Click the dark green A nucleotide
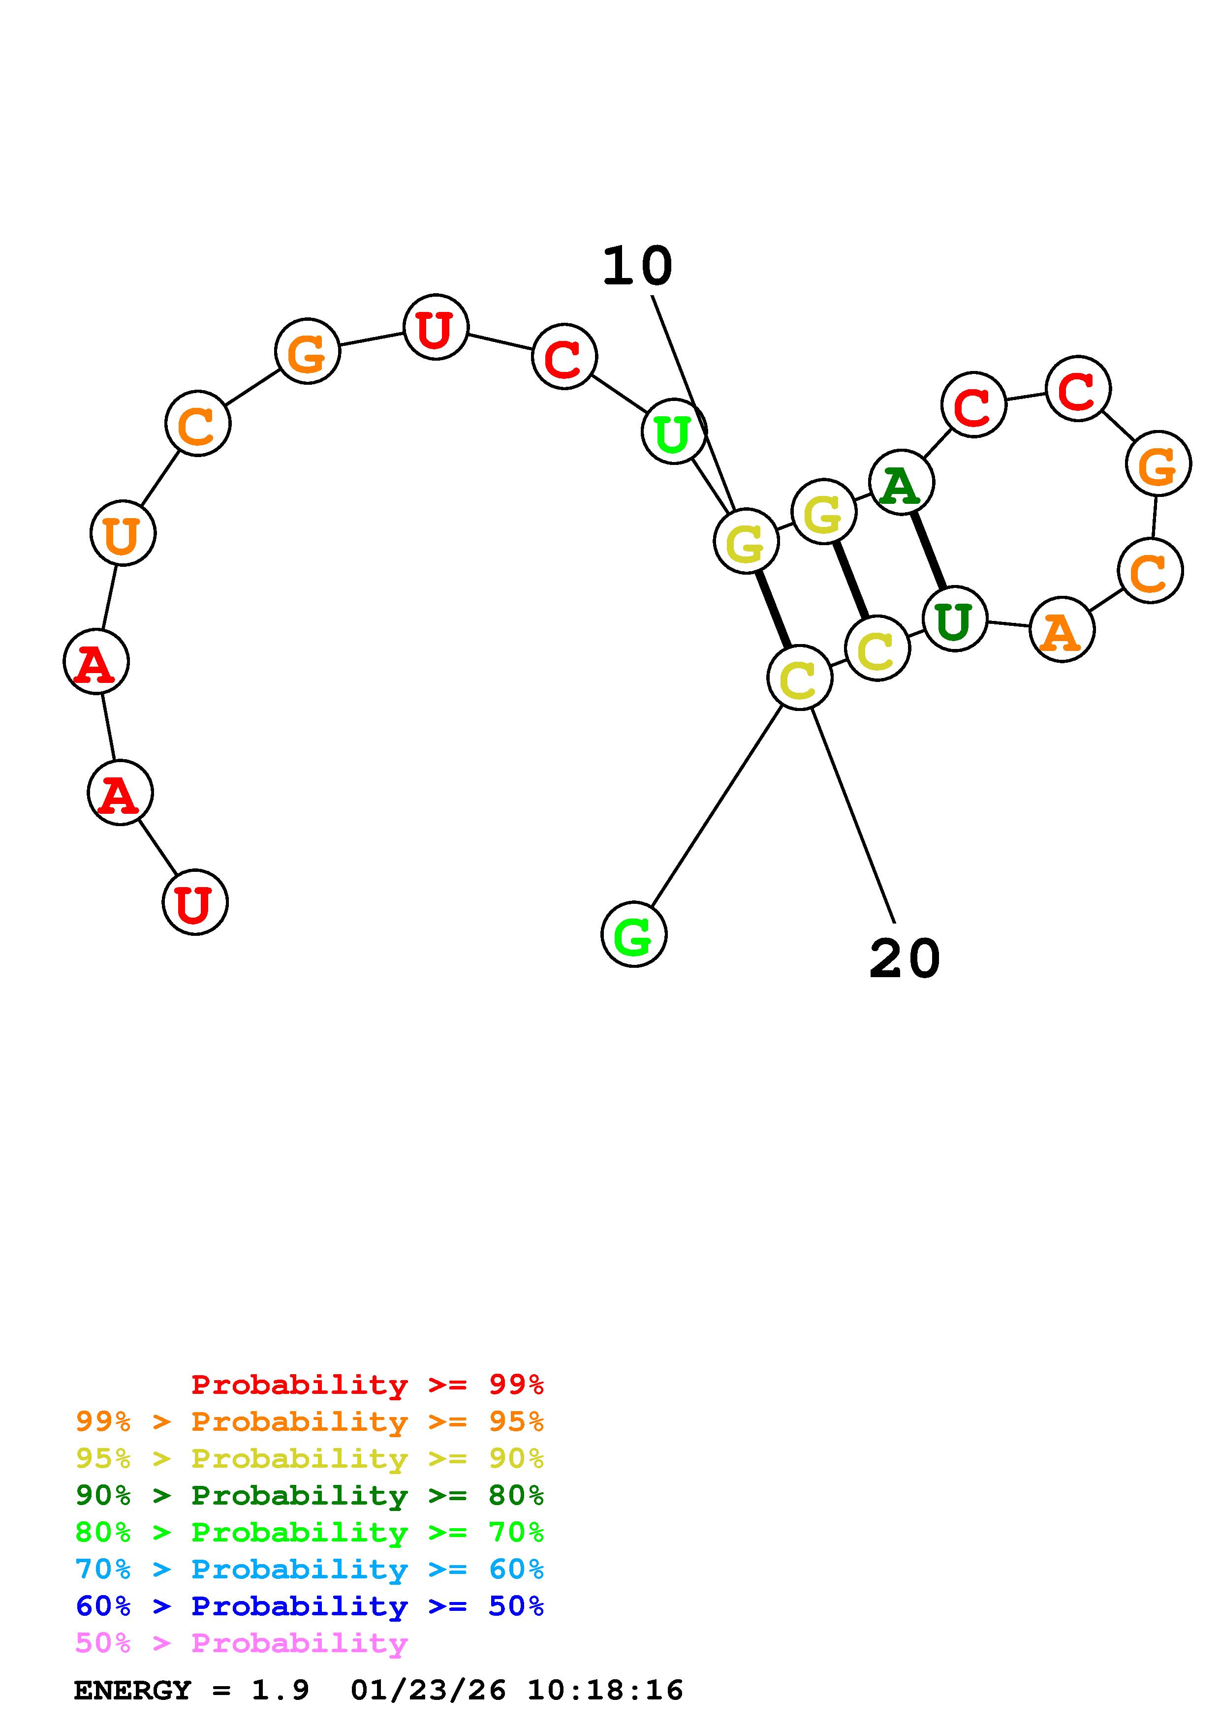(901, 483)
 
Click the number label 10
(637, 267)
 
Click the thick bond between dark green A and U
(928, 550)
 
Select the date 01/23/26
(428, 1691)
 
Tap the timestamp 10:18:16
(605, 1691)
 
